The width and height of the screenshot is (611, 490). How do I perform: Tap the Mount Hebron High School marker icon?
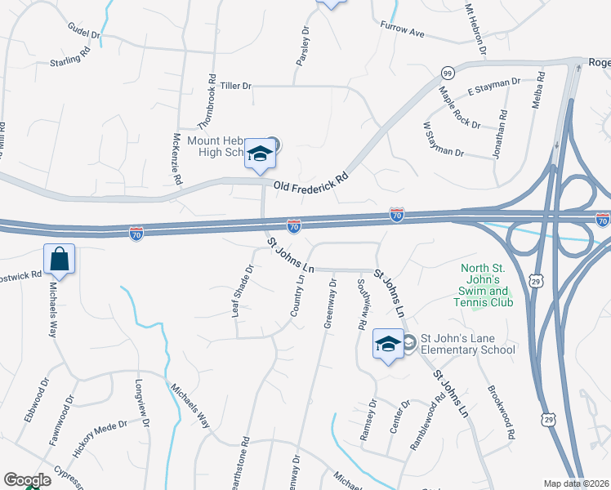point(260,154)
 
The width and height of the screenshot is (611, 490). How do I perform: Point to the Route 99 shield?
point(448,72)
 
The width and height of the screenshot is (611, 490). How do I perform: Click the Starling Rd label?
point(69,59)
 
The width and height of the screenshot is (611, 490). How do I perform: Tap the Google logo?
point(27,480)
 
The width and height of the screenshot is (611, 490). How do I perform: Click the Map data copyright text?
point(576,483)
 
